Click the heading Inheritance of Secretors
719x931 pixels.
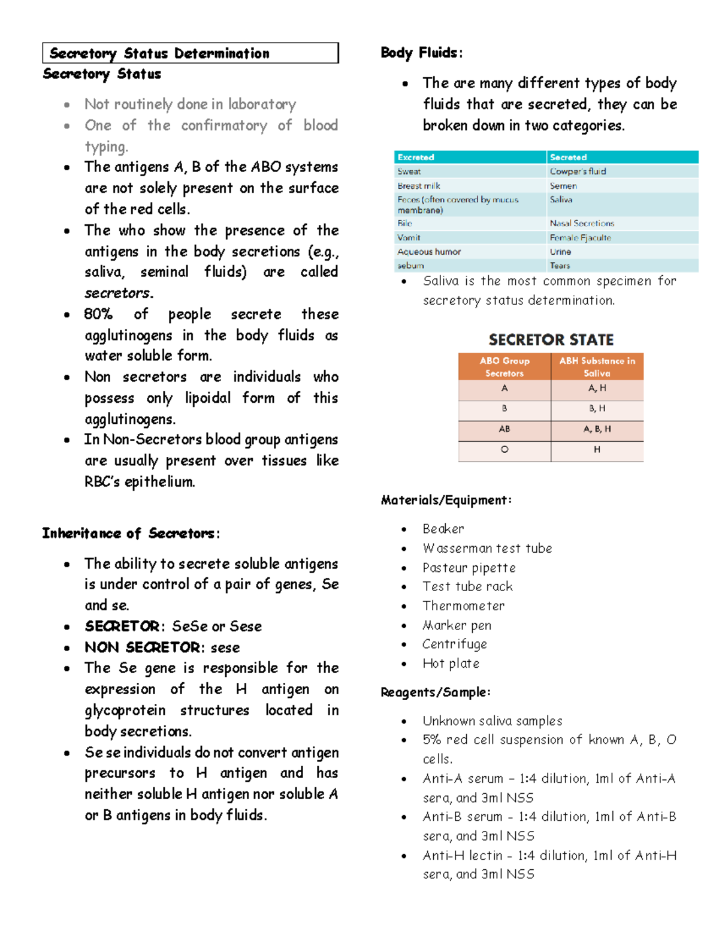131,533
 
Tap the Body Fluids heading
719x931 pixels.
421,53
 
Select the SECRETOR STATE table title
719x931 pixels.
551,340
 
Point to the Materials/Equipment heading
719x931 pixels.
446,500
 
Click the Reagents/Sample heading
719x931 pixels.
436,692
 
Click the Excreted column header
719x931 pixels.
416,157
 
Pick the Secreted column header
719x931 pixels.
568,157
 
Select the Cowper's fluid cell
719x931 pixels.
578,171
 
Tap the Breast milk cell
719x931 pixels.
419,186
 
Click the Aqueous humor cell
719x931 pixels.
429,252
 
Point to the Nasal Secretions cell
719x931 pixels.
582,223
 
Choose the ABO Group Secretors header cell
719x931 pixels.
504,366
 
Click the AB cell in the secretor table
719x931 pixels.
504,429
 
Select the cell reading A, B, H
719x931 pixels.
597,429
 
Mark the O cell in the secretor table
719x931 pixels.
504,450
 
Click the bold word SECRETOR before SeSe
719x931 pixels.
122,626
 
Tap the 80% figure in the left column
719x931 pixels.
98,314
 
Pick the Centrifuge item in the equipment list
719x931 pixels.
454,644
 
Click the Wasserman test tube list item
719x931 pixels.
487,548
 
